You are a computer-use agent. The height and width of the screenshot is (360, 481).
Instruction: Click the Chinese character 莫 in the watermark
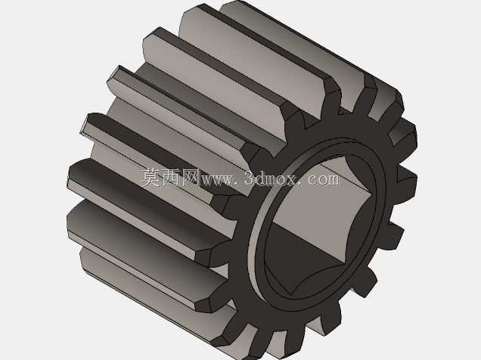click(x=151, y=178)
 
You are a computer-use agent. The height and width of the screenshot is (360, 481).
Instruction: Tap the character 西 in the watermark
click(x=171, y=178)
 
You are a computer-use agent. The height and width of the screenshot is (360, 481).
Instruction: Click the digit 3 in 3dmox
click(x=250, y=178)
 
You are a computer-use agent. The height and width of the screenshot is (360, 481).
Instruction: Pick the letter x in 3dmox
click(x=291, y=180)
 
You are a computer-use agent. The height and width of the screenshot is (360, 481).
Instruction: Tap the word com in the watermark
click(x=324, y=180)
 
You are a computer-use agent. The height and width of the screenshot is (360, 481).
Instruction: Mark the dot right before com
click(x=302, y=184)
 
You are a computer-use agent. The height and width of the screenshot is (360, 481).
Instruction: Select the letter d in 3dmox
click(x=259, y=178)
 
